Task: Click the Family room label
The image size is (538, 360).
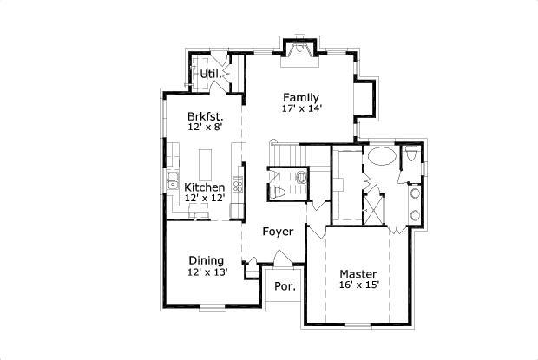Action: [x=300, y=97]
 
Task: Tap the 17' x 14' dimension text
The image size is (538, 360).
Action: [x=300, y=109]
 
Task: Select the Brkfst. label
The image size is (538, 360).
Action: [x=206, y=115]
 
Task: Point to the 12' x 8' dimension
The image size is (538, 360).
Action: [x=206, y=127]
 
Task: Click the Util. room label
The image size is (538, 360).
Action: [x=209, y=74]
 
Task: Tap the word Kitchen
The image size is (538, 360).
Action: [x=205, y=187]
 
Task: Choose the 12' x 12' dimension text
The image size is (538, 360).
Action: [x=205, y=199]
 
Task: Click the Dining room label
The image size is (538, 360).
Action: [x=206, y=260]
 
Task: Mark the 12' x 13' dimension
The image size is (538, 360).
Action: [x=206, y=272]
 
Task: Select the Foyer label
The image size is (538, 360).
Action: [x=279, y=232]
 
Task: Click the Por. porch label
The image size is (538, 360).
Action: [x=284, y=286]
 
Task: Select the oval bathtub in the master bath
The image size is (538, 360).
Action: [x=380, y=157]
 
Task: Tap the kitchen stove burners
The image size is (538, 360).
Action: [x=235, y=187]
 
